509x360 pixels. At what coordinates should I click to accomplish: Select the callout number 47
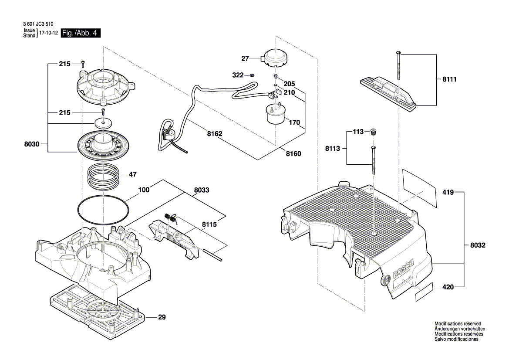[x=132, y=174]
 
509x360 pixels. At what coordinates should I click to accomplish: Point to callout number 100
[x=144, y=190]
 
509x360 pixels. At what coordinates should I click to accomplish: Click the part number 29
[x=162, y=317]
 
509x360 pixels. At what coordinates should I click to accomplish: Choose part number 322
[x=238, y=75]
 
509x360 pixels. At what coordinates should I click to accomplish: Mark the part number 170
[x=295, y=122]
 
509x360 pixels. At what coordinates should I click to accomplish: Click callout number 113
[x=358, y=132]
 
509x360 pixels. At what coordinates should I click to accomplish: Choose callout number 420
[x=448, y=287]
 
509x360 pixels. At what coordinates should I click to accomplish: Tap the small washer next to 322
[x=252, y=75]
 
